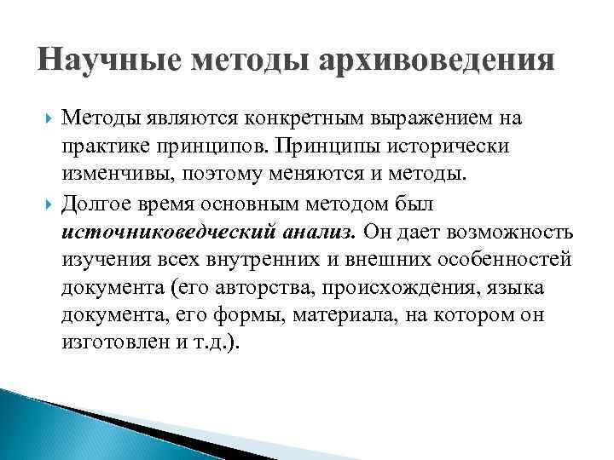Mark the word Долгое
click(x=101, y=204)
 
